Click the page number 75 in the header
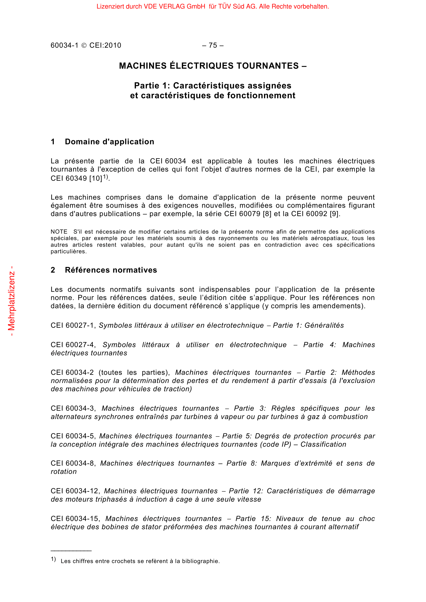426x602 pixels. [x=213, y=45]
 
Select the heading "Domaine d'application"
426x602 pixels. [x=109, y=142]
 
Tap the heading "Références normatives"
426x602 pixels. [x=111, y=270]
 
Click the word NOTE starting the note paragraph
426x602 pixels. [x=59, y=232]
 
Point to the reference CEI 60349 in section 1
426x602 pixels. [x=69, y=178]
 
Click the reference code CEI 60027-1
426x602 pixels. [x=73, y=325]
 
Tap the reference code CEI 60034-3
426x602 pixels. [x=73, y=408]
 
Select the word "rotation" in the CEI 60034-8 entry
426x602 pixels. [x=64, y=472]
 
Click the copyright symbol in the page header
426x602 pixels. [x=84, y=45]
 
